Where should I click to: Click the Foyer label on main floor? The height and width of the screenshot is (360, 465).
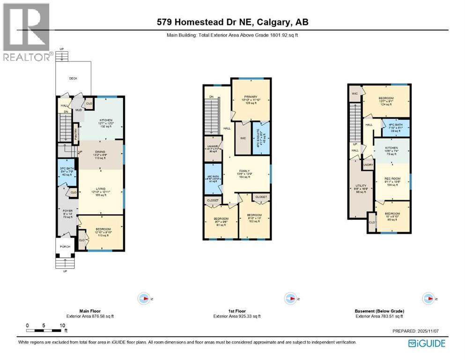click(x=67, y=211)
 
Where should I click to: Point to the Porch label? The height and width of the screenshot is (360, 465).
click(x=65, y=246)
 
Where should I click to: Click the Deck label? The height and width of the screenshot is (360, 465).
click(x=73, y=79)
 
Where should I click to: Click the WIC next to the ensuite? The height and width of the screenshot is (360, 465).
click(x=243, y=138)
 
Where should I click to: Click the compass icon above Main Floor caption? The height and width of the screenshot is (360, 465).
click(x=144, y=298)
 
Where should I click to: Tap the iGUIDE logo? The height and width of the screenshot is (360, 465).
click(x=427, y=343)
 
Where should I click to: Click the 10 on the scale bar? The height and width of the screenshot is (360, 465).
click(x=62, y=325)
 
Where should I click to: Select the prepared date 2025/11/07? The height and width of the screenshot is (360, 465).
click(x=429, y=331)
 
